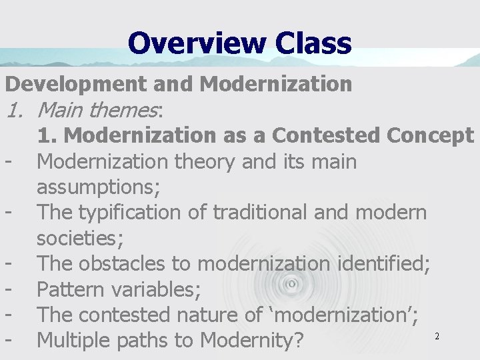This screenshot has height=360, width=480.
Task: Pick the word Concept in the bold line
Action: click(431, 135)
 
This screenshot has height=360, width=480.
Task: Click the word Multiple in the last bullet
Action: click(75, 341)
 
